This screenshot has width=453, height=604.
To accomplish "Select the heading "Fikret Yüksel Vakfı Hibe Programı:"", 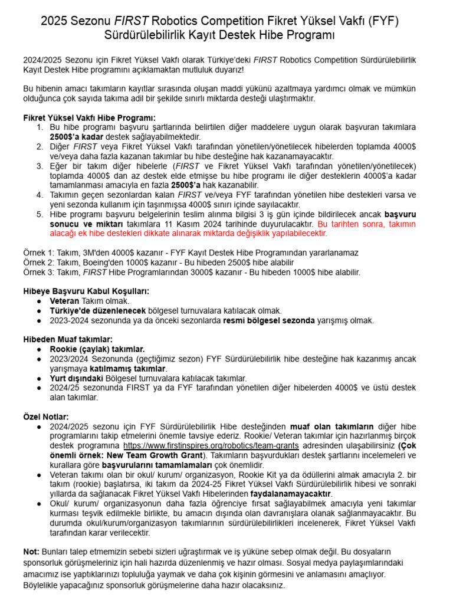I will pos(89,117).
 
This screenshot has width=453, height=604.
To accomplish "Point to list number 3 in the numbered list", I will pos(40,166).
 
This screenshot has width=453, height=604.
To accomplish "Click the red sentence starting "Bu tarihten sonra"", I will pos(366,224).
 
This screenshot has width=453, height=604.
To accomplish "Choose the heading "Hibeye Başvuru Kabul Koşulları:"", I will pos(86,291).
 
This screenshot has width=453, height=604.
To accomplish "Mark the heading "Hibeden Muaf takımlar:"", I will pos(67,339).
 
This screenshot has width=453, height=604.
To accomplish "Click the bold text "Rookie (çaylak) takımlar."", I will pos(97,349).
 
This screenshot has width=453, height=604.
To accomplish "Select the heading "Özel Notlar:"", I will pos(46,416).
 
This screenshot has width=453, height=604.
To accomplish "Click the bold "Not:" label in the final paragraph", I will pos(31,551).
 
